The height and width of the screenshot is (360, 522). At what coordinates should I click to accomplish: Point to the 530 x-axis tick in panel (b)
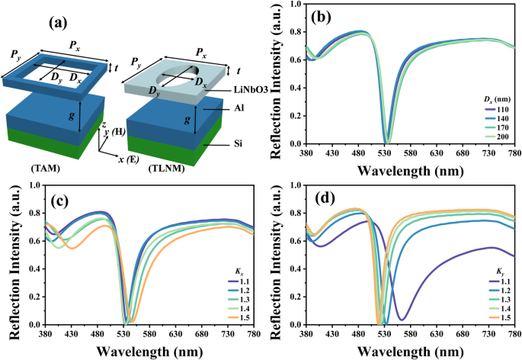[x=386, y=155]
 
